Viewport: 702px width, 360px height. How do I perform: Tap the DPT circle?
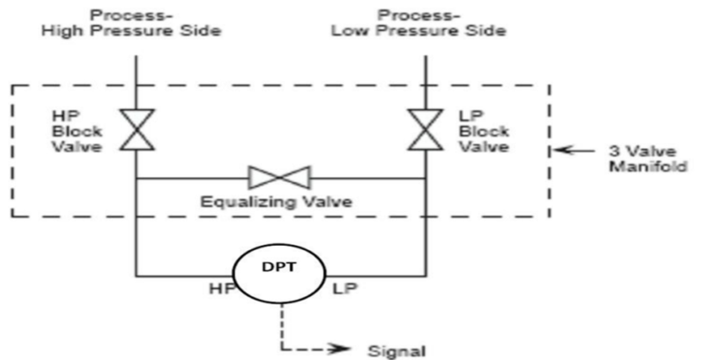click(x=281, y=271)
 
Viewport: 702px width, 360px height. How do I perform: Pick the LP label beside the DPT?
click(x=345, y=288)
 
